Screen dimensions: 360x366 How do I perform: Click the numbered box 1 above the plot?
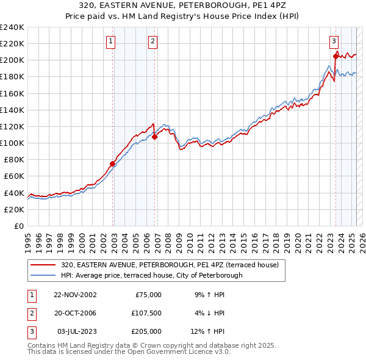tap(110, 41)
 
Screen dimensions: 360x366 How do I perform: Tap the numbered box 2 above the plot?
tap(152, 41)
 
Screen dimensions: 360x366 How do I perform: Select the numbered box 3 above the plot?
tap(334, 41)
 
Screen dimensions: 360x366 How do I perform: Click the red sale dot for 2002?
tap(113, 164)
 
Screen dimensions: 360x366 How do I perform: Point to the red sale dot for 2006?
tap(155, 137)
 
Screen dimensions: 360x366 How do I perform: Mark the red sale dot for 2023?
tap(335, 57)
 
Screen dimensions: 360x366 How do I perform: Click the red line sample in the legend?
tap(43, 265)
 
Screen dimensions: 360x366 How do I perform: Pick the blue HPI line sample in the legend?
tap(43, 275)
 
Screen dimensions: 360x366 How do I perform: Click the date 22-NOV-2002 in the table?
tap(75, 295)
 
